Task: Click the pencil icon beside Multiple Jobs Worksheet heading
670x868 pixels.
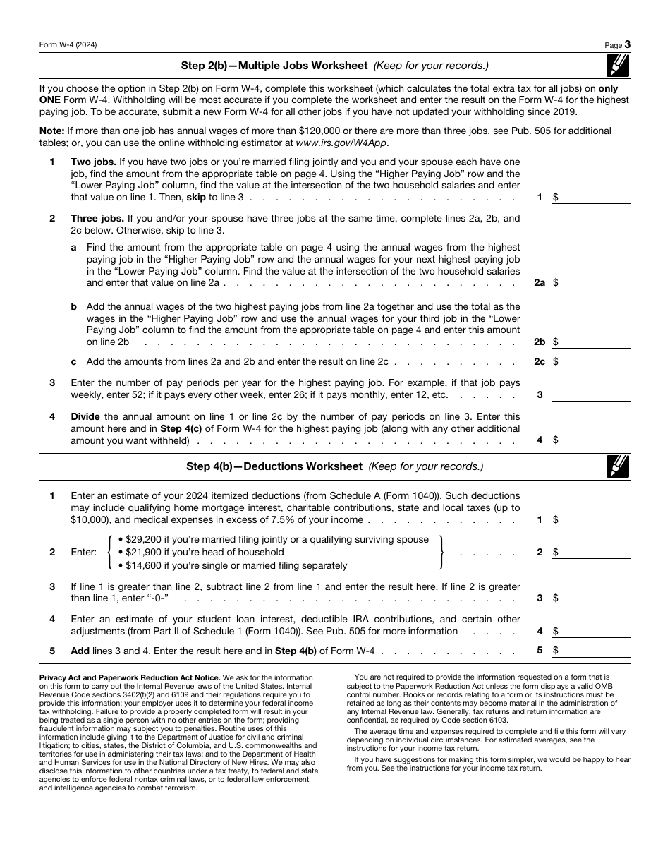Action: coord(618,66)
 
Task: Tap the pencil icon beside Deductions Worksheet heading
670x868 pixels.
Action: coord(618,466)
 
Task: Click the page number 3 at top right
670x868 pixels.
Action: coord(627,44)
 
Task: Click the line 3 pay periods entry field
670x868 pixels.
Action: coord(590,394)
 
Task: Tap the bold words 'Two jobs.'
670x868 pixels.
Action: coord(93,162)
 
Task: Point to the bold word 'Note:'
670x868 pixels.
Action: coord(51,131)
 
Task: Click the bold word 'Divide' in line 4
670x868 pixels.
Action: coord(85,416)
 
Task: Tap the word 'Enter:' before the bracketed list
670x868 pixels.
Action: coord(84,553)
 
